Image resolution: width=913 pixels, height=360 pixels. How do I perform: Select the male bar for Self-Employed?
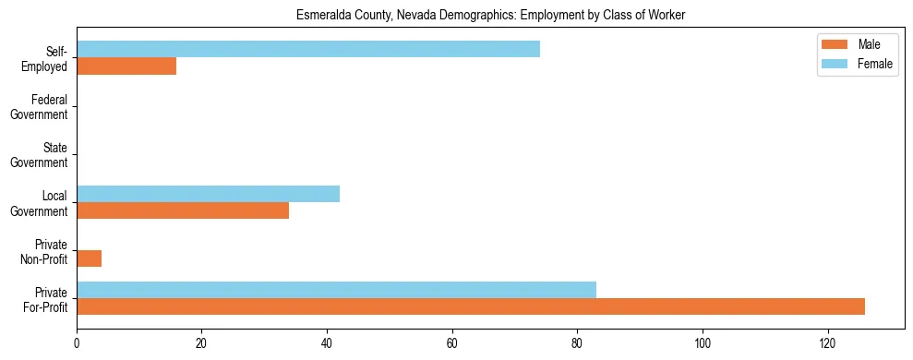coord(126,66)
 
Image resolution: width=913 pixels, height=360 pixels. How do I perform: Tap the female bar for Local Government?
coord(208,194)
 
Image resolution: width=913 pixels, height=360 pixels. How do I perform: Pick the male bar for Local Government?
coord(183,210)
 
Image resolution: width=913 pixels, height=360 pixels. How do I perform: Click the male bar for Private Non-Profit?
coord(89,258)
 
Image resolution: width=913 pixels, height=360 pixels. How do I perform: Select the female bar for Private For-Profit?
coord(336,290)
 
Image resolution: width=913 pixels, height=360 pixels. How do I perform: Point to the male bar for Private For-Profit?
coord(471,306)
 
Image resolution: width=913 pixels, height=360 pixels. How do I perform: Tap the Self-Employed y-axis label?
coord(51,58)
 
